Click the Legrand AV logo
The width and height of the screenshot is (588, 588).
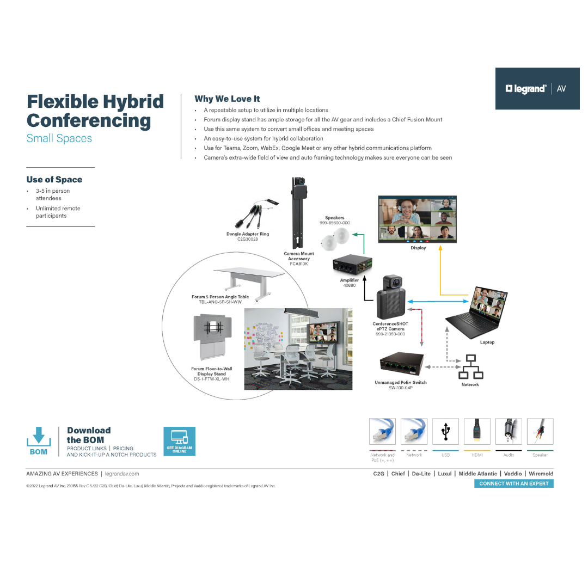coord(536,89)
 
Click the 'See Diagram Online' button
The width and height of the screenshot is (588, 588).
coord(179,441)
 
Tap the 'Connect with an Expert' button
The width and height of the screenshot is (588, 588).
coord(513,483)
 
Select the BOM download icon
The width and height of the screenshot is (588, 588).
coord(39,440)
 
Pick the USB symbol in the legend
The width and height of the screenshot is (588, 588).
coord(446,432)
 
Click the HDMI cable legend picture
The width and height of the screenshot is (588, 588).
coord(477,432)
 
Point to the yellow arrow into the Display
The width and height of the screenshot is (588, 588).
coord(441,272)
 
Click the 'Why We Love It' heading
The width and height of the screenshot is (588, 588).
coord(227,99)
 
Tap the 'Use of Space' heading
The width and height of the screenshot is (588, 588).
coord(54,180)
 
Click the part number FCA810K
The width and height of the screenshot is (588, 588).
coord(298,264)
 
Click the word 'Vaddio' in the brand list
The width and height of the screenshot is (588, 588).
coord(513,474)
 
